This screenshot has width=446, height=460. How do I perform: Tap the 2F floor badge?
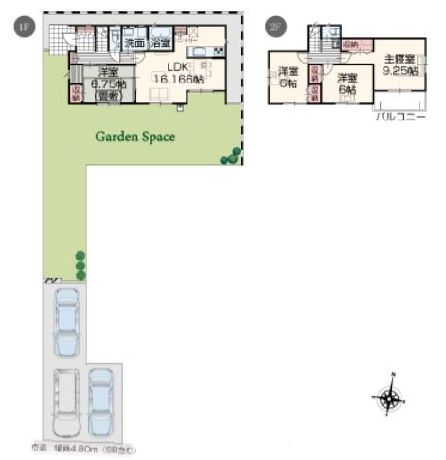(276, 28)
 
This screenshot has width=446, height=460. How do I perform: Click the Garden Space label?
(134, 136)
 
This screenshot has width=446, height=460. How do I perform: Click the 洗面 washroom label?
(134, 44)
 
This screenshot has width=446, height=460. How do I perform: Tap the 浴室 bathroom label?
(160, 44)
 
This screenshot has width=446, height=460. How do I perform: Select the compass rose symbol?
(389, 398)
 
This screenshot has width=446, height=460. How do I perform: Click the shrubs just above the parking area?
(80, 266)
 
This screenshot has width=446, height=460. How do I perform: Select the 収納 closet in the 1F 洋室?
(77, 91)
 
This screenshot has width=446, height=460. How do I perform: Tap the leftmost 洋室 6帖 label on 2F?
(286, 76)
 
